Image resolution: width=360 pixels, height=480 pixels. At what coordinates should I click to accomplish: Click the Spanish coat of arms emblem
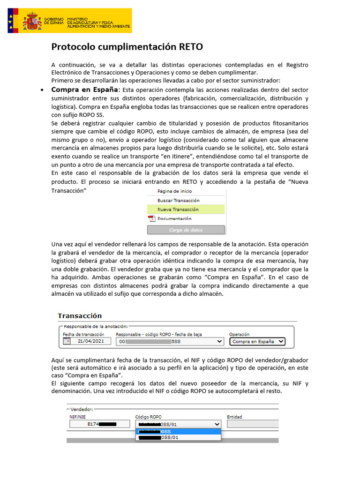[x=32, y=22]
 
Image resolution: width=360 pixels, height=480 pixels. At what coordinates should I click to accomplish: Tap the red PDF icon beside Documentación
[x=151, y=218]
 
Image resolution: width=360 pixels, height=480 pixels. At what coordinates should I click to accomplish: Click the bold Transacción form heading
[x=80, y=316]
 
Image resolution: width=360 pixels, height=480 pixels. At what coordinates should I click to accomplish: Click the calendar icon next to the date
[x=66, y=342]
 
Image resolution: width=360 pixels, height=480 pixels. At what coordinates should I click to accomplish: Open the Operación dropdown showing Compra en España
[x=258, y=342]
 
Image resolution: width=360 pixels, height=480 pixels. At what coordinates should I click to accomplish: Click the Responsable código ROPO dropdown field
[x=170, y=342]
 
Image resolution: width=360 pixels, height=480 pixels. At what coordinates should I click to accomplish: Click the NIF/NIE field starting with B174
[x=99, y=424]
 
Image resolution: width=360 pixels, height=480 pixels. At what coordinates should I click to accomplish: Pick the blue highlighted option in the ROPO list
[x=178, y=431]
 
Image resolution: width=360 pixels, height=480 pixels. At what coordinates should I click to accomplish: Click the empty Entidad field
[x=253, y=424]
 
